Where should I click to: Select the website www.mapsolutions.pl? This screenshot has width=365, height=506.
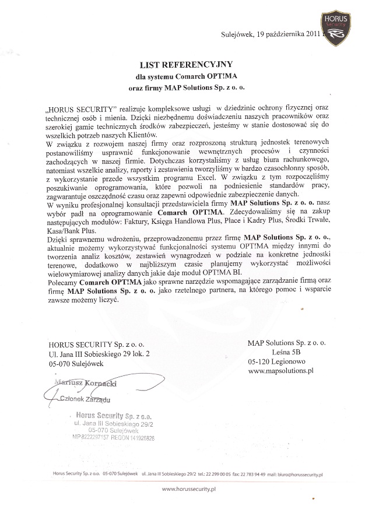pyautogui.click(x=281, y=370)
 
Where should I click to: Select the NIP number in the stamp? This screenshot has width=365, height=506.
pyautogui.click(x=94, y=437)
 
